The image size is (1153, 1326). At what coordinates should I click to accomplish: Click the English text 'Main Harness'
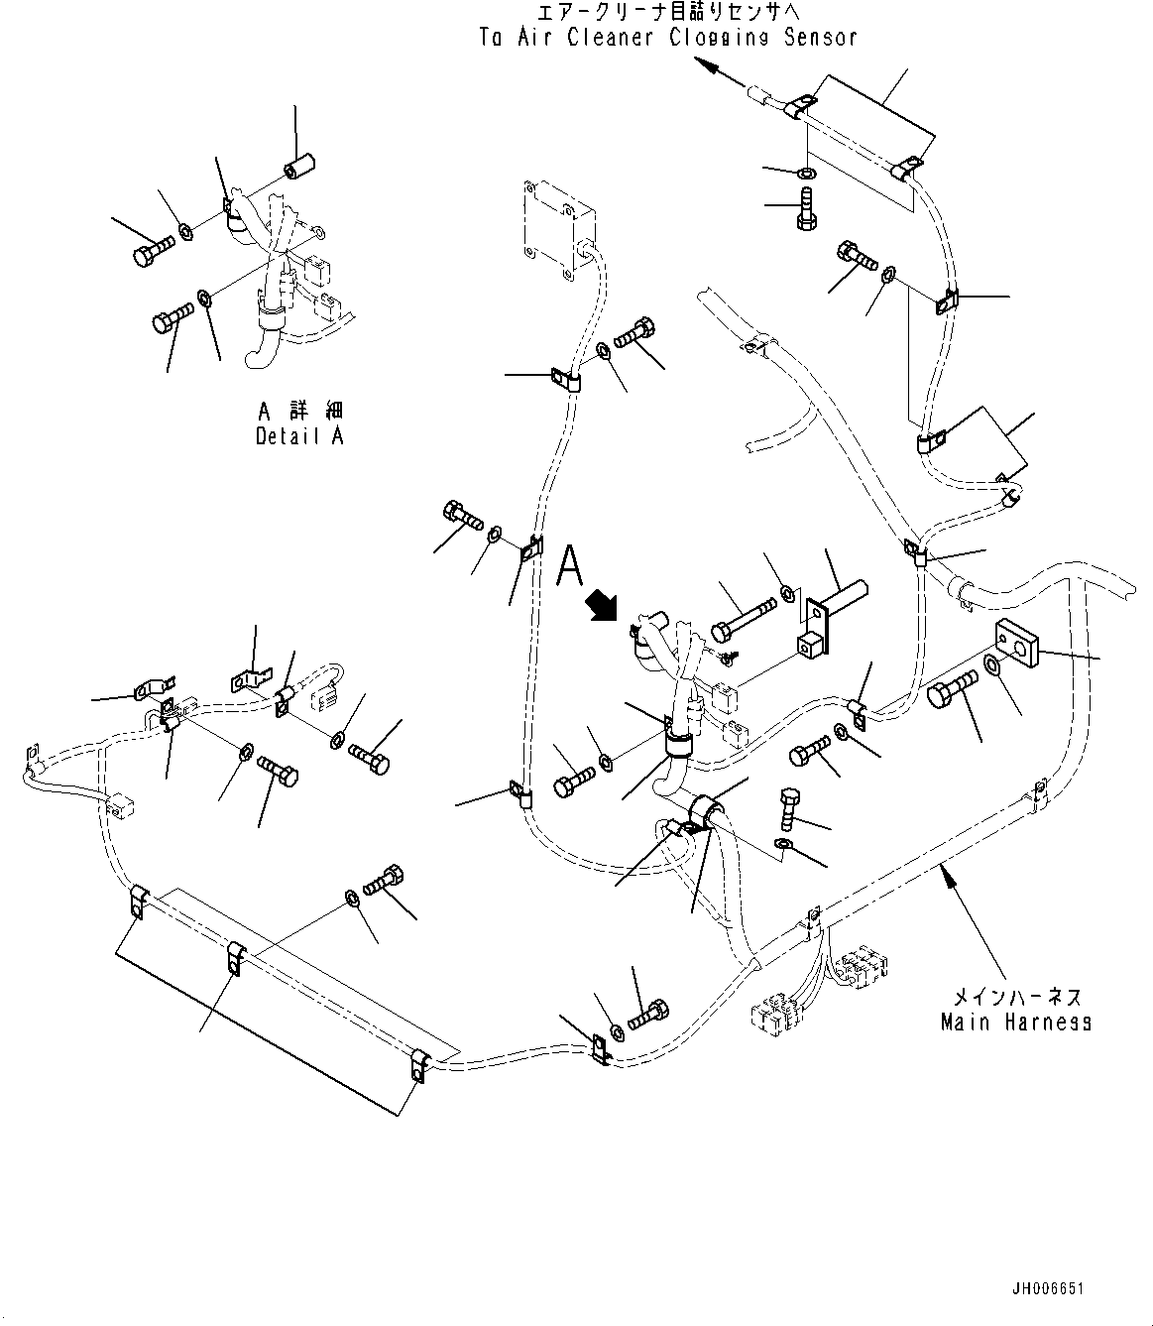point(1016,1022)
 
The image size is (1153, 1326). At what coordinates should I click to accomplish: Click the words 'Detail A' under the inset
point(299,435)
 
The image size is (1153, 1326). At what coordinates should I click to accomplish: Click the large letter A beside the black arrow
point(570,566)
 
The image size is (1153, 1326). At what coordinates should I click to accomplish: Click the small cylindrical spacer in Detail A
point(297,170)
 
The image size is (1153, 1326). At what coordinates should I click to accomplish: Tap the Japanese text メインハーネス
point(1016,996)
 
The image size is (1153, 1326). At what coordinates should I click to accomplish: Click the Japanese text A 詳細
point(300,411)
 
